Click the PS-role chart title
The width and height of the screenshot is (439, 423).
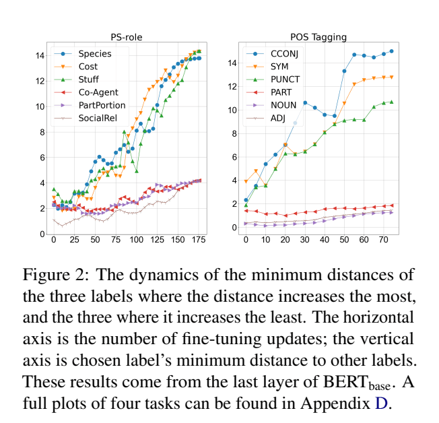[x=126, y=37]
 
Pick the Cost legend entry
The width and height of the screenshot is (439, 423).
[x=88, y=67]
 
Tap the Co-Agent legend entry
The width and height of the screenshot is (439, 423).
[x=97, y=92]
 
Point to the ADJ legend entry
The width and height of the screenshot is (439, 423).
[x=277, y=118]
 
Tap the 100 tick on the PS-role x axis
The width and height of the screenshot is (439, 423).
[x=137, y=240]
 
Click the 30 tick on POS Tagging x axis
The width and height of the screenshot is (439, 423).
[x=305, y=240]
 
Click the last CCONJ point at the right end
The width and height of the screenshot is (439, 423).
[x=392, y=51]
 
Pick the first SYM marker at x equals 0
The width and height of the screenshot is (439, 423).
[x=246, y=181]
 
